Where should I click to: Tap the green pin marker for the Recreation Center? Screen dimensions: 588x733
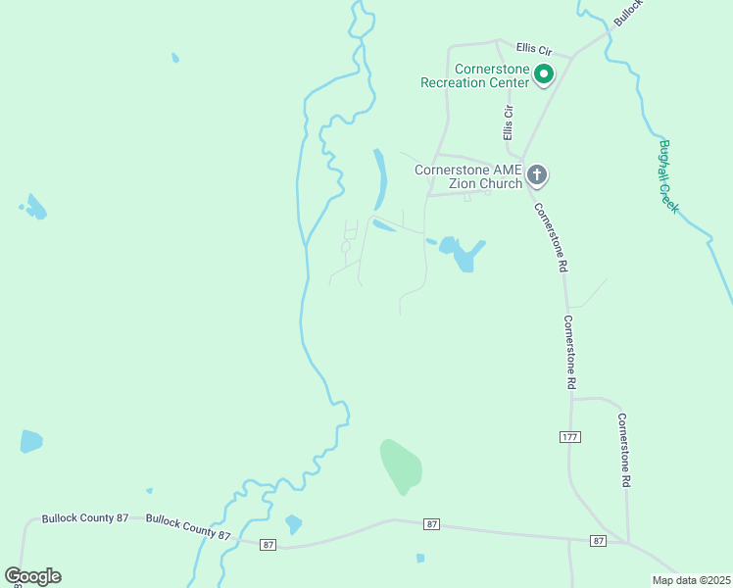[542, 73]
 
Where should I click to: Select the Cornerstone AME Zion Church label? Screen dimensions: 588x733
[467, 176]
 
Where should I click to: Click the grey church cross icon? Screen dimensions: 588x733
[536, 175]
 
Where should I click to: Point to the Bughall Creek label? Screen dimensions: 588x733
[668, 177]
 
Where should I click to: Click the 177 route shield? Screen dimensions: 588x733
[570, 436]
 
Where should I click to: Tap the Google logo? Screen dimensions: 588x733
[33, 576]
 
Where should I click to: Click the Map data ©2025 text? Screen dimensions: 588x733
[691, 580]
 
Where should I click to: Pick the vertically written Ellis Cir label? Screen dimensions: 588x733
[508, 118]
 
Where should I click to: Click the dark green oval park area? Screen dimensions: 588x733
[401, 466]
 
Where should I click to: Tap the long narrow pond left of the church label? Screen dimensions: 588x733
[379, 177]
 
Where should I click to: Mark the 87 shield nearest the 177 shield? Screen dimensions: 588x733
[598, 540]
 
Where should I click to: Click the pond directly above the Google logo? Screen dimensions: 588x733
[31, 441]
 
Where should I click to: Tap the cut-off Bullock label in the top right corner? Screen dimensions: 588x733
[627, 12]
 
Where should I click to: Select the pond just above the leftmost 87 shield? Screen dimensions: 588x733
[293, 524]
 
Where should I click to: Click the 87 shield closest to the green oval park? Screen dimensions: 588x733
[431, 525]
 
